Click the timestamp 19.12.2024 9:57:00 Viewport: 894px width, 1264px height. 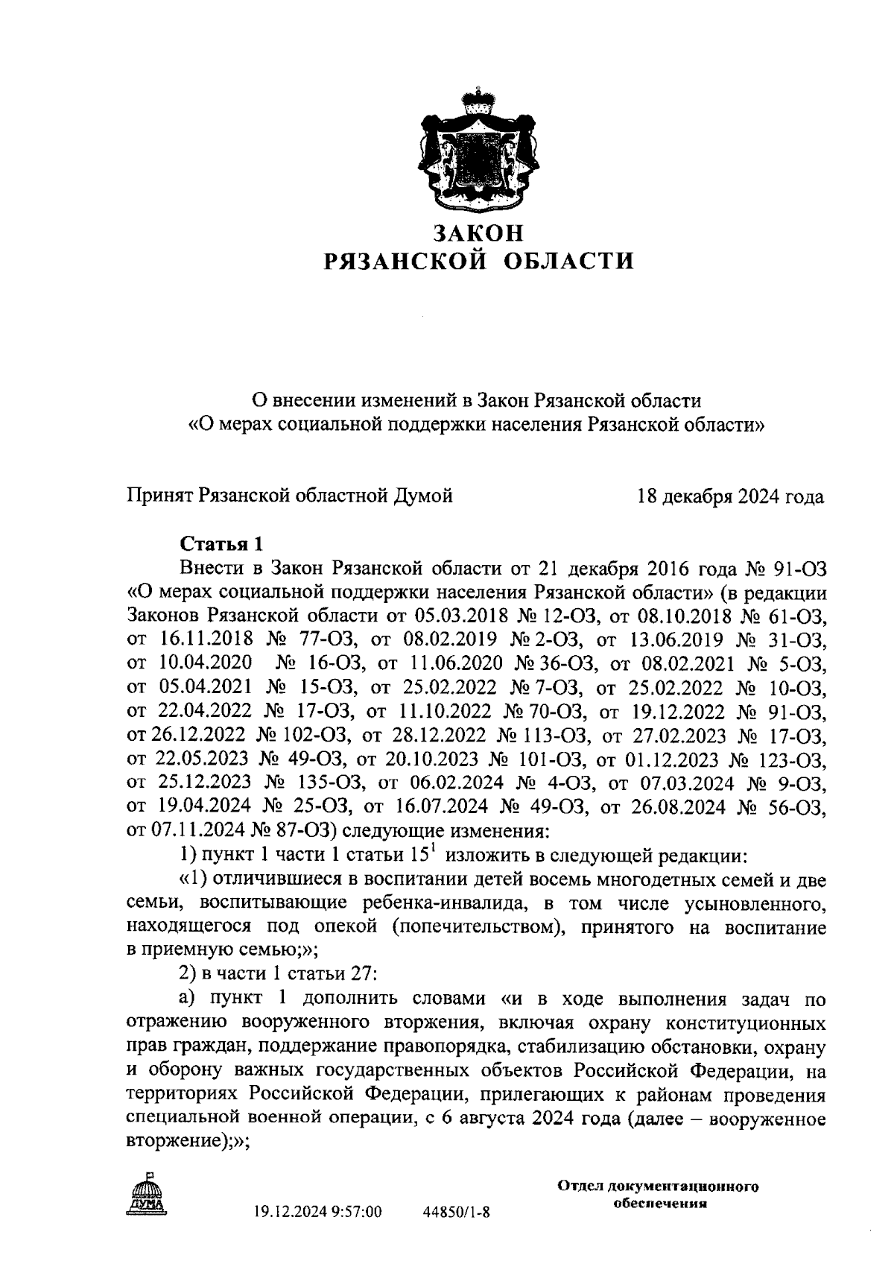318,1213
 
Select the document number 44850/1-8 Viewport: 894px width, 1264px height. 457,1213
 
